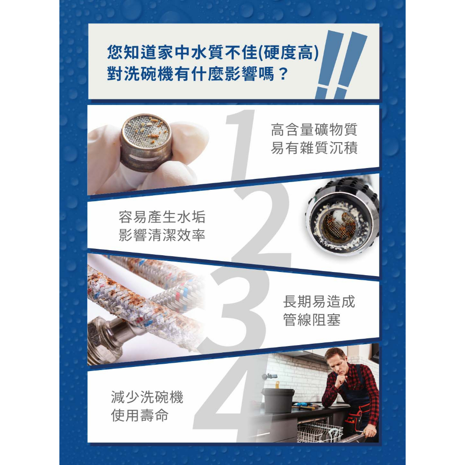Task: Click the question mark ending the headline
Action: (x=283, y=74)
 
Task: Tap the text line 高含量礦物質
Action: (x=314, y=129)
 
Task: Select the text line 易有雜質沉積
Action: (x=314, y=148)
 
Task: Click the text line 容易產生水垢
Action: (x=162, y=217)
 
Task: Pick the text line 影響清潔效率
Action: (x=162, y=235)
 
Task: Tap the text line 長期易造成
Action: (x=319, y=302)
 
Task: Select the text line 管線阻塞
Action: (x=312, y=320)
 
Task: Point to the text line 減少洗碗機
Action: (x=147, y=397)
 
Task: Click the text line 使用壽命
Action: (x=140, y=415)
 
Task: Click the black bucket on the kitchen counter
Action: (x=278, y=401)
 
